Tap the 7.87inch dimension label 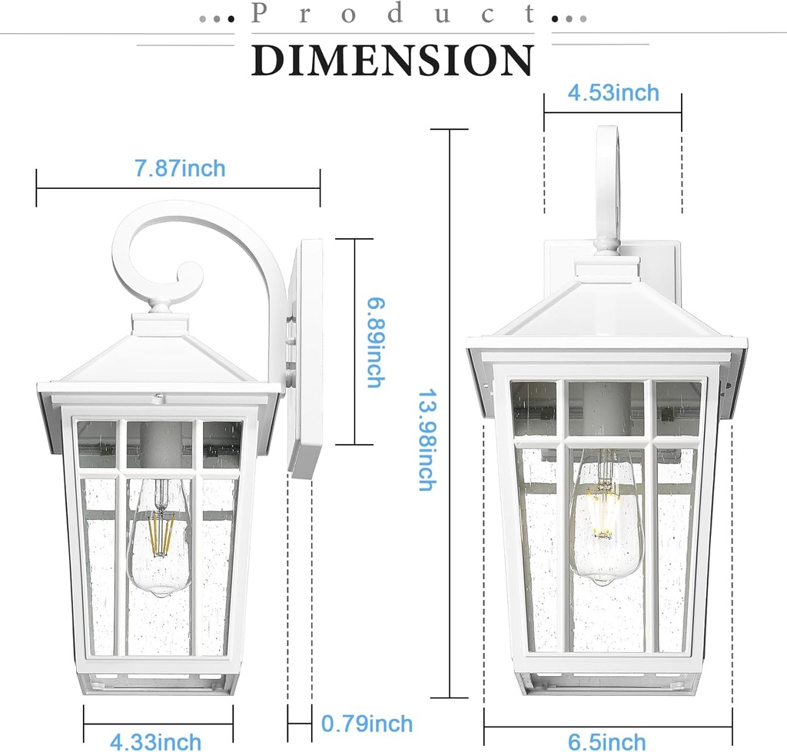(x=180, y=168)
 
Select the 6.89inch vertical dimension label (x=373, y=342)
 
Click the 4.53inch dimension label (x=613, y=93)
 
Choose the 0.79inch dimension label (x=367, y=724)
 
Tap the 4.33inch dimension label (x=155, y=742)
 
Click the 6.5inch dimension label (x=606, y=742)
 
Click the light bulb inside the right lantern (x=605, y=519)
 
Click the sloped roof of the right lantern (x=607, y=311)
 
